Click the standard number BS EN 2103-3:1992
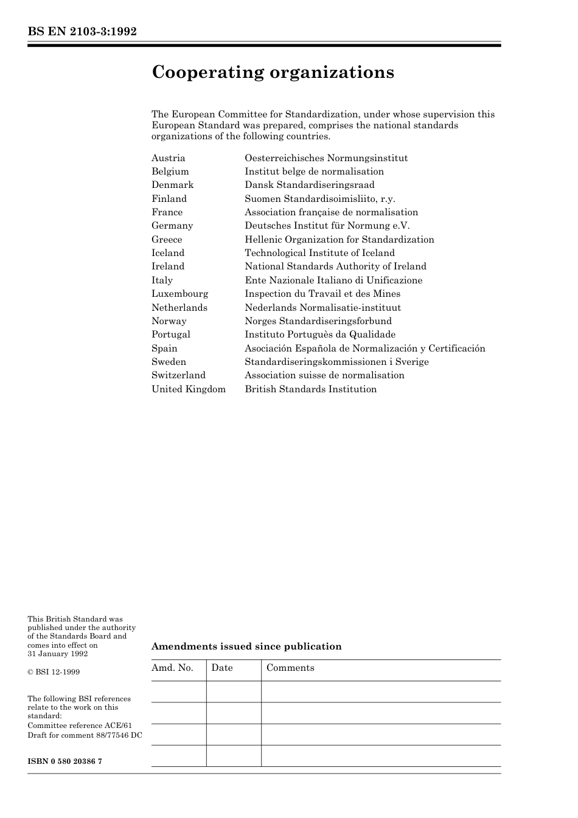coord(82,32)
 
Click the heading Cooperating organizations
coord(273,72)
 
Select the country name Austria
coord(169,158)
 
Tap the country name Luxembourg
coord(179,294)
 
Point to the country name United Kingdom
coord(189,389)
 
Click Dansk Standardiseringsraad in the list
coord(310,185)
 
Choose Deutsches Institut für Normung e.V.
coord(327,226)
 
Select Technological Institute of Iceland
coord(319,253)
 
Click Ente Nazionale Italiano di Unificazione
coord(333,280)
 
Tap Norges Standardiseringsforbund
coord(318,321)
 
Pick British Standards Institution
coord(310,389)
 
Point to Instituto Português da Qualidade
coord(320,334)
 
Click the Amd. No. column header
coord(172,668)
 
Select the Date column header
coord(222,668)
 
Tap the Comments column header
coord(290,668)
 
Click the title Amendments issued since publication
coord(246,646)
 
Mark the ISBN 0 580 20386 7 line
coord(64,761)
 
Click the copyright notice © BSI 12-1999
coord(54,672)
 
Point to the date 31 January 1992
coord(58,654)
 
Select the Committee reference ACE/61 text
coord(80,726)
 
